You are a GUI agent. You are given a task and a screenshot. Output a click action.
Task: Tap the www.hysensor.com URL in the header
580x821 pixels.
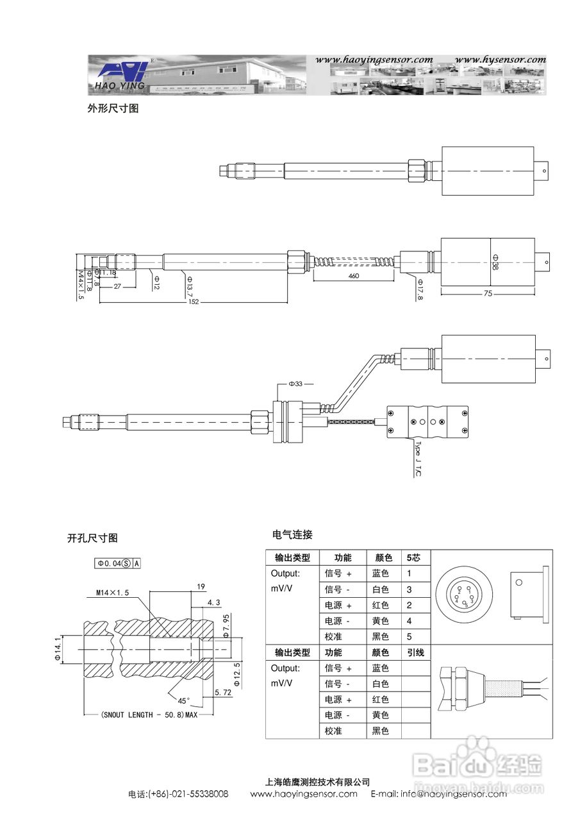[500, 60]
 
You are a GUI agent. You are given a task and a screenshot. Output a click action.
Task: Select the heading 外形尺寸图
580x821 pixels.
[113, 108]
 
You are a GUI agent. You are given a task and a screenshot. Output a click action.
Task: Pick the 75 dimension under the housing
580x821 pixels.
[488, 294]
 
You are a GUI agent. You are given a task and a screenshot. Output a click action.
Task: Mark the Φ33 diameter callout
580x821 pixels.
[295, 384]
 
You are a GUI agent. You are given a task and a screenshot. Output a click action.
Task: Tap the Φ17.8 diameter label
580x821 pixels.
[420, 289]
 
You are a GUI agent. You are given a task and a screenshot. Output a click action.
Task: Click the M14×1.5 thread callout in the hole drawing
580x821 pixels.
[113, 593]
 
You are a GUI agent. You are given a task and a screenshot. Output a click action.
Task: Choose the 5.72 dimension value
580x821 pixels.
[222, 692]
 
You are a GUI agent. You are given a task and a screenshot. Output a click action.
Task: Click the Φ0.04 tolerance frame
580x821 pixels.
[118, 563]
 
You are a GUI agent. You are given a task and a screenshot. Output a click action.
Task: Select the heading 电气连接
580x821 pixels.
[292, 534]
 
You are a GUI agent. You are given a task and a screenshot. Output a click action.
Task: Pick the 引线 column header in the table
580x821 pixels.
[415, 652]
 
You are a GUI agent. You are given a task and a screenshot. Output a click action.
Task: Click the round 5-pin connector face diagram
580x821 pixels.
[463, 597]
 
